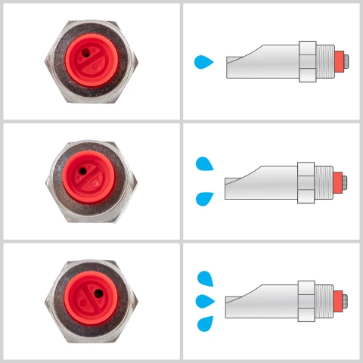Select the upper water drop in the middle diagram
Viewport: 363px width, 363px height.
pyautogui.click(x=204, y=163)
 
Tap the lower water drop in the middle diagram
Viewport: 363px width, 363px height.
pyautogui.click(x=204, y=199)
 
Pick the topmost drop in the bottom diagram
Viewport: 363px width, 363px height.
pyautogui.click(x=204, y=279)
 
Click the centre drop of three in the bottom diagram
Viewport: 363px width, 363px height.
pyautogui.click(x=204, y=301)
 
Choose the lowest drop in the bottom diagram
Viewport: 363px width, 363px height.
pyautogui.click(x=204, y=324)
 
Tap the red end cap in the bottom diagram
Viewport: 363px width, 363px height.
pyautogui.click(x=341, y=300)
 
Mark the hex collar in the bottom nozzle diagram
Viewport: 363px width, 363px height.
pyautogui.click(x=306, y=300)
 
